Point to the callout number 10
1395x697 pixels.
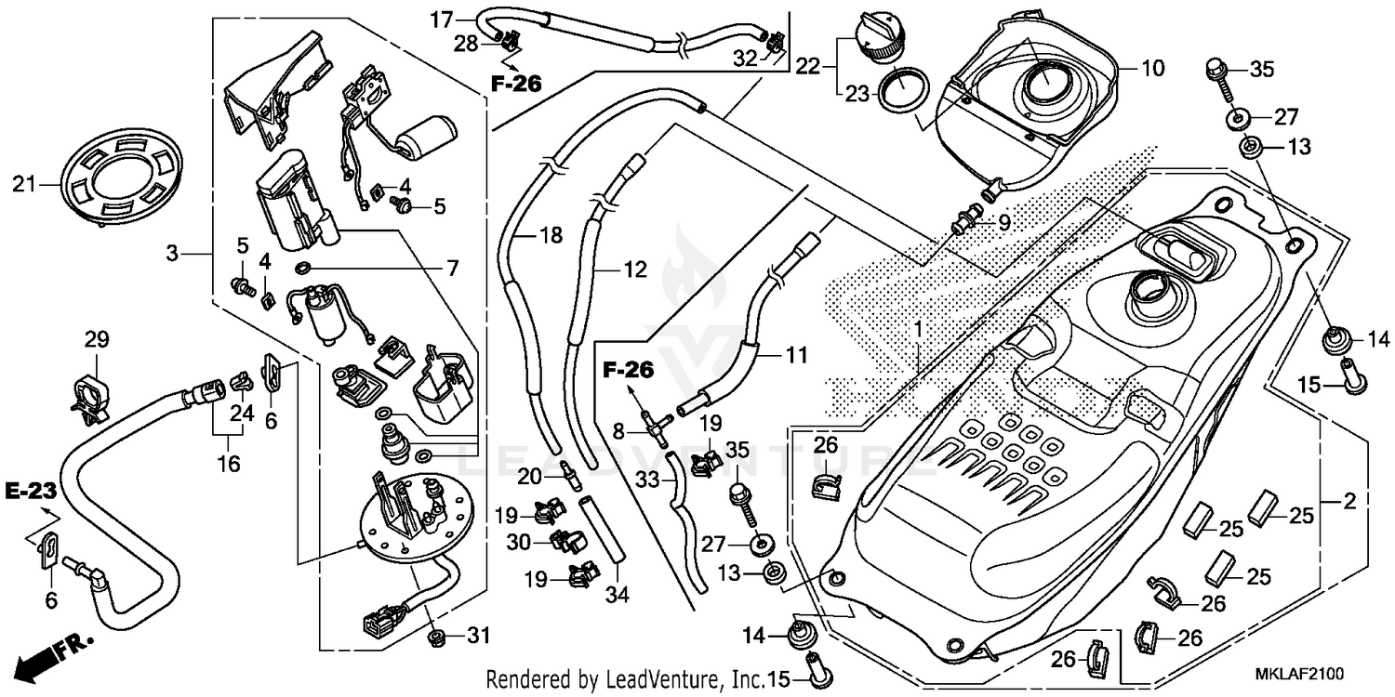(1152, 68)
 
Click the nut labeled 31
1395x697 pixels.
(434, 638)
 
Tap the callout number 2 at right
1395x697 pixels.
(1349, 502)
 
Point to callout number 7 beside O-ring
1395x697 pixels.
(452, 270)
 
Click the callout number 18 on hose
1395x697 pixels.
(551, 236)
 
